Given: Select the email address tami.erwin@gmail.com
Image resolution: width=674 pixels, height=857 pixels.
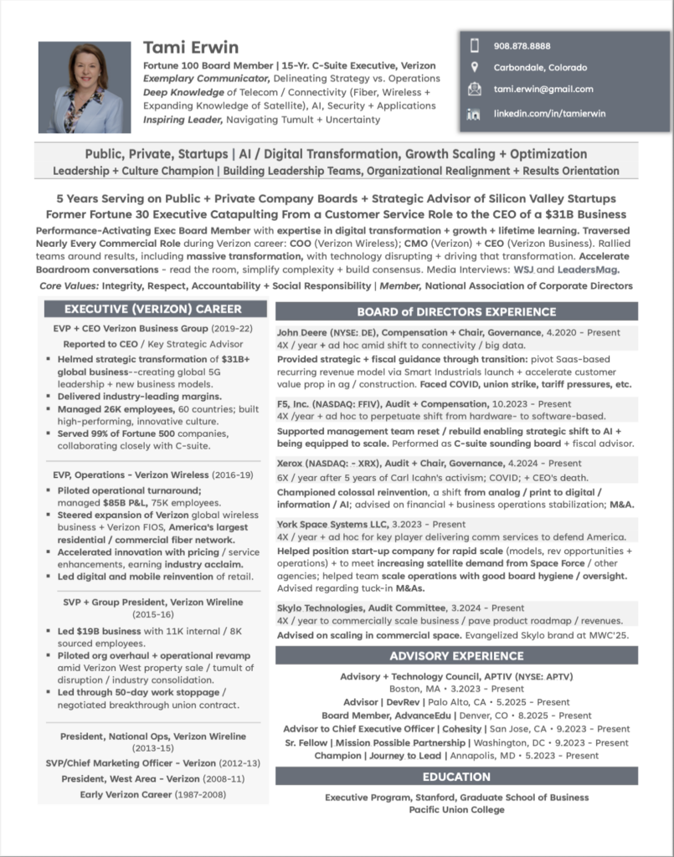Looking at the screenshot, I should pos(543,89).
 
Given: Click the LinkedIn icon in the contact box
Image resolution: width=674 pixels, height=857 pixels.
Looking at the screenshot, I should pos(474,113).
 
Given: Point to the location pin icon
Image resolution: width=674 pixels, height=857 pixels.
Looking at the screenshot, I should pos(474,67).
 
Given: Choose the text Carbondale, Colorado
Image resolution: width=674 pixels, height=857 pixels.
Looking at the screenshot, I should pos(540,67).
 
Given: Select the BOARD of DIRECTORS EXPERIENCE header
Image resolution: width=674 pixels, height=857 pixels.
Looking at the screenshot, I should pos(456,312).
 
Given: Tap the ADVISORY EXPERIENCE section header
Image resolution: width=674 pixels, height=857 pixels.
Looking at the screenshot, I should pos(456,655).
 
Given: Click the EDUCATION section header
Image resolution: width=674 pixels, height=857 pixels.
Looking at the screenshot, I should pos(456,776).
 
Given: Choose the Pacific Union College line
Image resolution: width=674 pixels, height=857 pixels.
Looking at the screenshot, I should pos(456,809).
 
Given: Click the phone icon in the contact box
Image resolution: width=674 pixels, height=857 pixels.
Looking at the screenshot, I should pos(474,46).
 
